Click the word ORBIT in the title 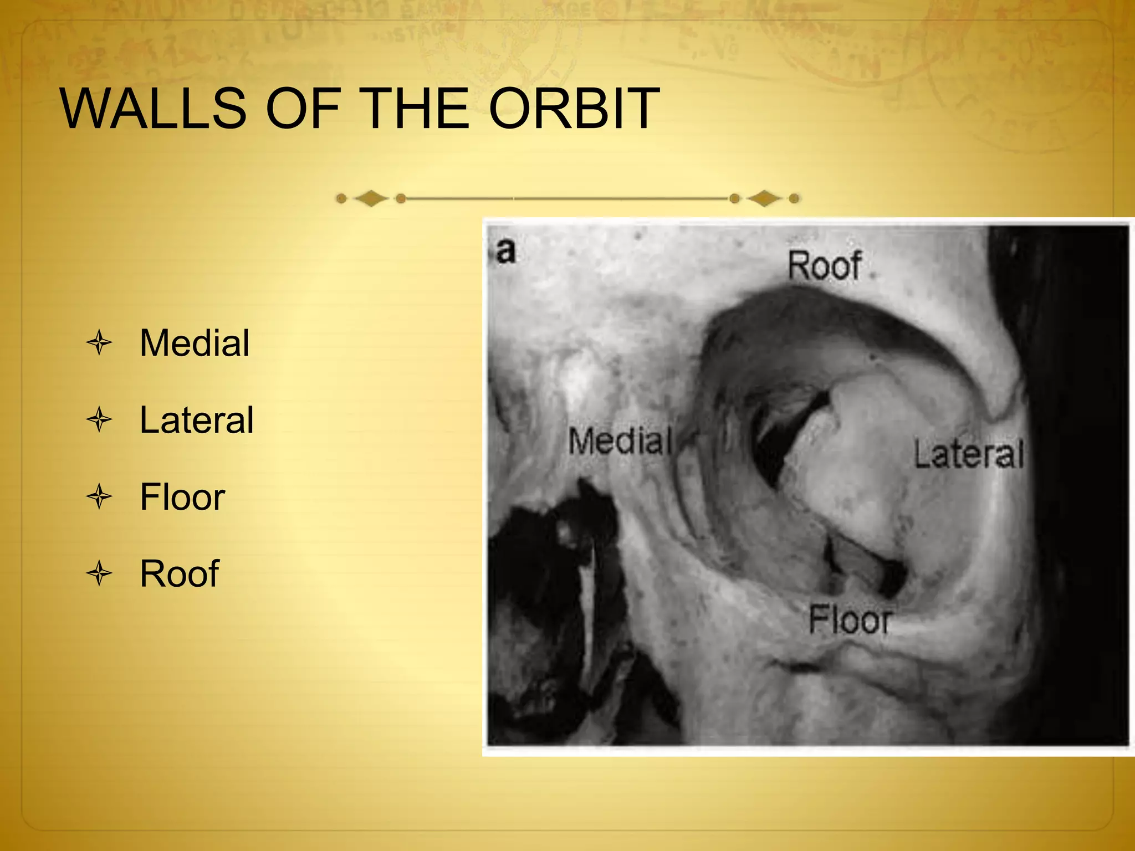pos(574,109)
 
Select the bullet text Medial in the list pos(195,343)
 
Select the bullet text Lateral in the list pos(197,420)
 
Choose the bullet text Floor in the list pos(182,497)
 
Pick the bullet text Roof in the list pos(180,573)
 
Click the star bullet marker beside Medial pos(100,343)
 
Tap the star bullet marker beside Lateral pos(100,420)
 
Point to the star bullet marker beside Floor pos(100,497)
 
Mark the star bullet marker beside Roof pos(100,573)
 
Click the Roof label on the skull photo pos(825,265)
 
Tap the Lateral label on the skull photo pos(968,454)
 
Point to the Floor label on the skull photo pos(850,620)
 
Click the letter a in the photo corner pos(505,251)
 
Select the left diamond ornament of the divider pos(371,198)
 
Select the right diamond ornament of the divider pos(765,198)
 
